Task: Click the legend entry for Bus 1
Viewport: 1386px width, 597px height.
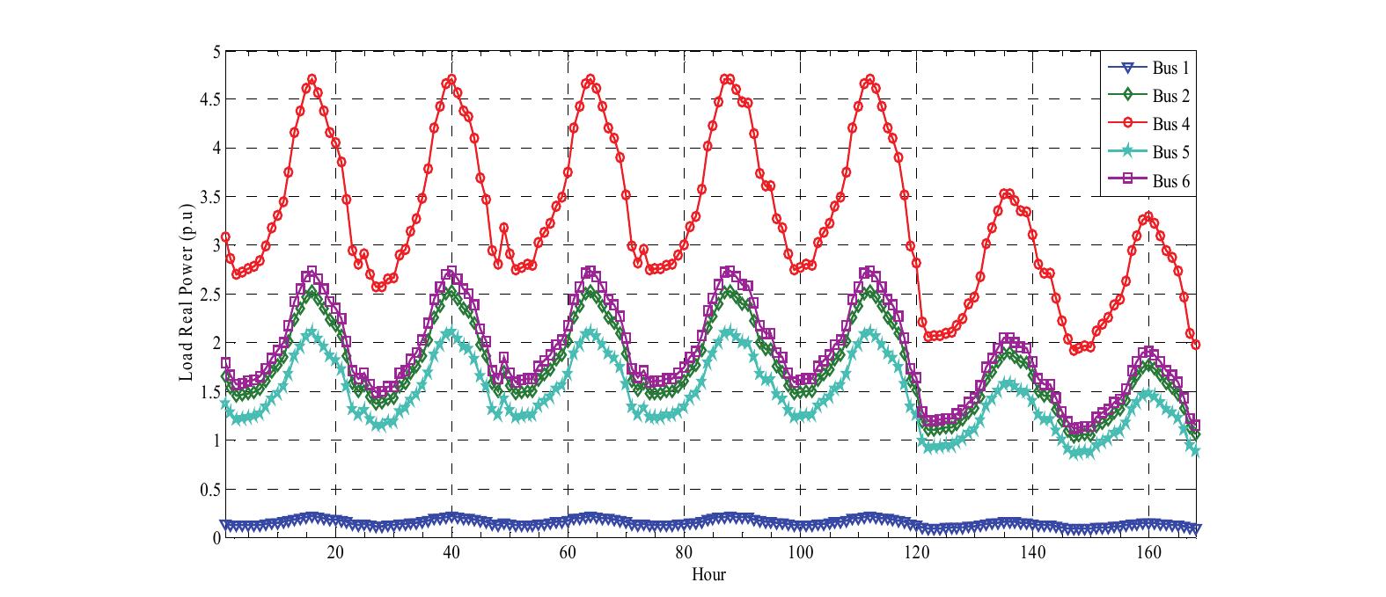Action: pos(1170,67)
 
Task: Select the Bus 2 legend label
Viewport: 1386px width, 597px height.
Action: pos(1170,95)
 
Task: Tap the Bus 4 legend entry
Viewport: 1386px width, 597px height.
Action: pos(1170,124)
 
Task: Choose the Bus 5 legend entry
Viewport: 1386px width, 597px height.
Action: pos(1170,152)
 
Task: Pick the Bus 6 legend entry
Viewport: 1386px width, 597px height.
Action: pos(1170,181)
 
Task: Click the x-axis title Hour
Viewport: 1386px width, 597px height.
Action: pos(708,575)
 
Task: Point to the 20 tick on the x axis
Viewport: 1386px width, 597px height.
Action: pos(334,553)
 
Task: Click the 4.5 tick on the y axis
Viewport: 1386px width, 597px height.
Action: pos(211,99)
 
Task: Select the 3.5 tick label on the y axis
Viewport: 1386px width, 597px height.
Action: pos(211,197)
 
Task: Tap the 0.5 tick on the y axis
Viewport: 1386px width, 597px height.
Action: pos(211,489)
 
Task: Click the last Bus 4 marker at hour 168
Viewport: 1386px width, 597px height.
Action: pos(1195,345)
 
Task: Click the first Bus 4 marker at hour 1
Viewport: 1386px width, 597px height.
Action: pos(225,237)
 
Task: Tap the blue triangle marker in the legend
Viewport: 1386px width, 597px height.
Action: pos(1128,67)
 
